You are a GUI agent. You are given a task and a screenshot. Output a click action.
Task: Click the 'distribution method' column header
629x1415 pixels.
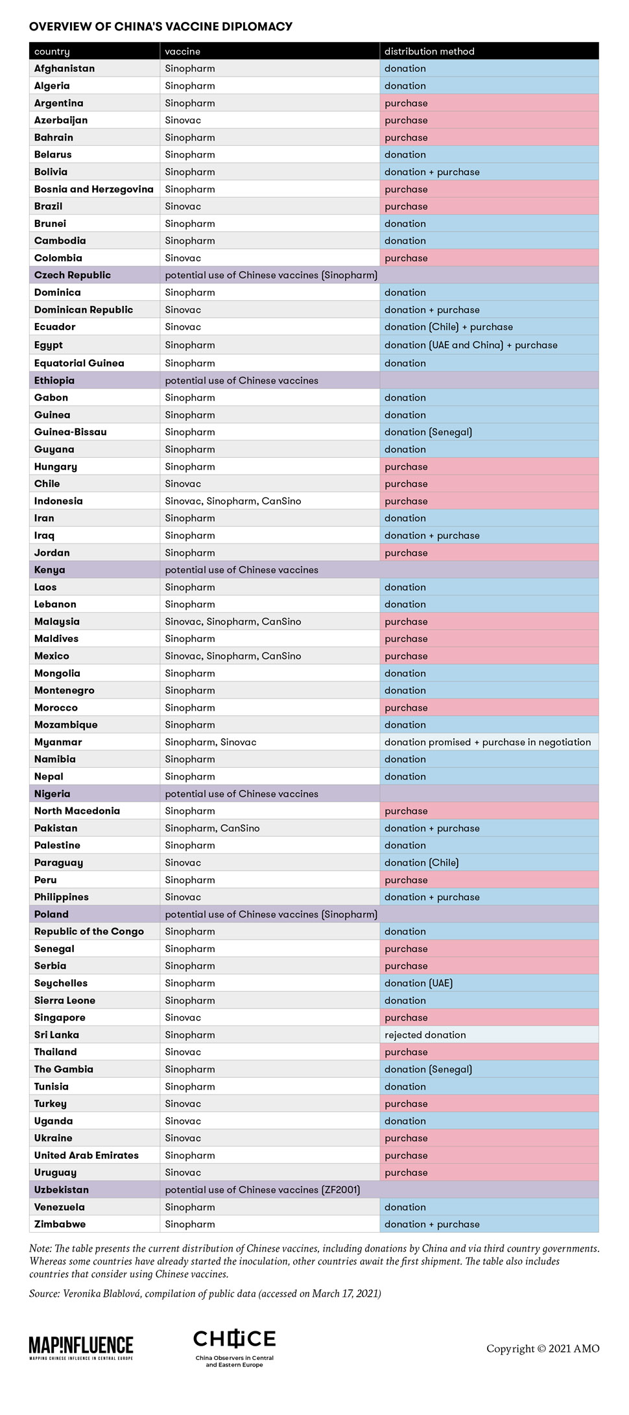pos(429,51)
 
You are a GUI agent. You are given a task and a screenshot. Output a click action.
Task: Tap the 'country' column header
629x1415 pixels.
pos(52,51)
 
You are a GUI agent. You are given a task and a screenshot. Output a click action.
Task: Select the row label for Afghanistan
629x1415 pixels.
pos(64,69)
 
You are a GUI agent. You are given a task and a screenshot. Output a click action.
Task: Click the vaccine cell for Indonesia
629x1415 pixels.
pos(233,501)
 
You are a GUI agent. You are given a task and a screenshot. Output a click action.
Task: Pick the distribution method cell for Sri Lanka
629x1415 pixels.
pos(425,1035)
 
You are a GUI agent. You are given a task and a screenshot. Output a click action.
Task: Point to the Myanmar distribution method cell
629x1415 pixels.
pos(488,742)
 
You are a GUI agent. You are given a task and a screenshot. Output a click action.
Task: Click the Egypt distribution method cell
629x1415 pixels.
pos(471,345)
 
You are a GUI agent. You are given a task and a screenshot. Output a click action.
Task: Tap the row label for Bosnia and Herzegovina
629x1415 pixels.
pos(94,189)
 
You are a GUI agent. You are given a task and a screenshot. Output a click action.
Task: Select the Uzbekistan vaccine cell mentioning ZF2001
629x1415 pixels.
pos(263,1190)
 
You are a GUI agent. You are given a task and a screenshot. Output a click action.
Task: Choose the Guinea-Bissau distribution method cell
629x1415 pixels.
pos(428,432)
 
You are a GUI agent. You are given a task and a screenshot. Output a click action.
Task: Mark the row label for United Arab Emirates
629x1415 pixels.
pos(86,1156)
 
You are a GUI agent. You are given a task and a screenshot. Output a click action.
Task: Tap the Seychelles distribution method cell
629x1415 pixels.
pos(418,983)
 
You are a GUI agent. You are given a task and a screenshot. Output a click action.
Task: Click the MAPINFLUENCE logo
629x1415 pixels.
pos(81,1348)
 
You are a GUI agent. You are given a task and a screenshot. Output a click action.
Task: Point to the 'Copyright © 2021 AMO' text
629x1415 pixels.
pos(543,1349)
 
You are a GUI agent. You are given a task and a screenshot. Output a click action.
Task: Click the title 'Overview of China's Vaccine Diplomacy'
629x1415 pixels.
pos(161,27)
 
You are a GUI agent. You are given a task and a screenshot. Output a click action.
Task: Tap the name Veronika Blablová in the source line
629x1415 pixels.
pos(102,1294)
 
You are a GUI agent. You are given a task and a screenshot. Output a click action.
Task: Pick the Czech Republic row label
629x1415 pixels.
pos(73,275)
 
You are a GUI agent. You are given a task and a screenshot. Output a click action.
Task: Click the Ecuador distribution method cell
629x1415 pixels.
pos(449,327)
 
